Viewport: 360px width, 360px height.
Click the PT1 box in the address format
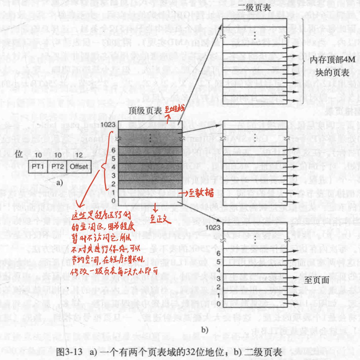[38, 166]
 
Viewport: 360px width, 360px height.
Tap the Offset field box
[78, 166]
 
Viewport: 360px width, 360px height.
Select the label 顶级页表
[145, 111]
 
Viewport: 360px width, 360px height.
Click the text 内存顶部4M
[332, 60]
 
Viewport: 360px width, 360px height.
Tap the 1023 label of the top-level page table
[111, 124]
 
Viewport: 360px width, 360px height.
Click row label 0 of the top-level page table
[114, 201]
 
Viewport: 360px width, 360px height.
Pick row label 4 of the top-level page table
[114, 167]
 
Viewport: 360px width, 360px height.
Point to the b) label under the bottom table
[204, 330]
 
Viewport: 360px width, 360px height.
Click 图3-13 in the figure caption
[71, 352]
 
